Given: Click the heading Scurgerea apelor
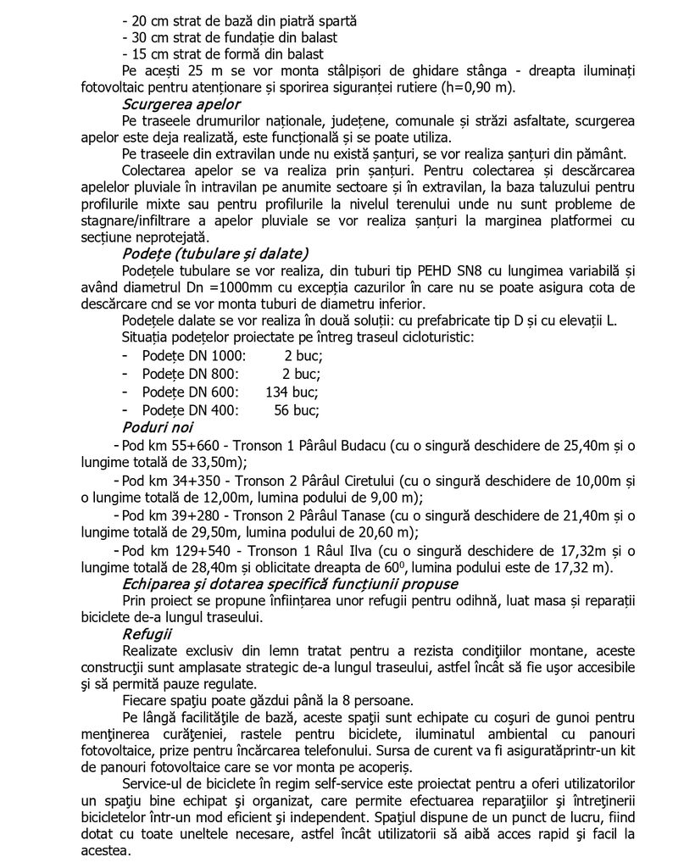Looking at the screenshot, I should pyautogui.click(x=181, y=105).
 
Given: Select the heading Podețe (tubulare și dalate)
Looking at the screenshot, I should pyautogui.click(x=215, y=253).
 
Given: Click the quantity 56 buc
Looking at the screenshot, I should pyautogui.click(x=297, y=409).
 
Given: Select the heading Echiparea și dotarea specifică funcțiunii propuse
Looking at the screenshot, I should pyautogui.click(x=290, y=584).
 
